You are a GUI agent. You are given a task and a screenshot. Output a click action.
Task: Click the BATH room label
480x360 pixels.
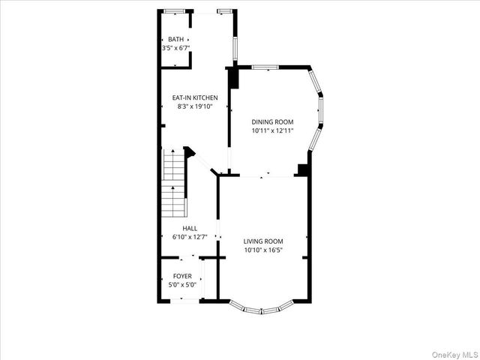tap(175, 40)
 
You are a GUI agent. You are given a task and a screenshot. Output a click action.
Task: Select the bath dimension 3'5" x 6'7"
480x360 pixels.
tap(175, 49)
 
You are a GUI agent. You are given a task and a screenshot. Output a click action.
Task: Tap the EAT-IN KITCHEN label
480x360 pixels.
tap(195, 97)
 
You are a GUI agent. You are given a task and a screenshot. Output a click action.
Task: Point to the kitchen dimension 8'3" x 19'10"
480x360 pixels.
tap(195, 106)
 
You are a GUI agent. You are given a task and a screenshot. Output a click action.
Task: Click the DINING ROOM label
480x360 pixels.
tap(272, 121)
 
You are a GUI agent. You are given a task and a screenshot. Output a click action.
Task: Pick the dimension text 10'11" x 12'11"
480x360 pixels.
tap(272, 130)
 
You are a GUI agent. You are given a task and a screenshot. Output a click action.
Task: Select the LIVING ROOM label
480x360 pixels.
tap(263, 241)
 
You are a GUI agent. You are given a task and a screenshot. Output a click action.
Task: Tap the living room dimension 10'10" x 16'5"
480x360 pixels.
tap(263, 250)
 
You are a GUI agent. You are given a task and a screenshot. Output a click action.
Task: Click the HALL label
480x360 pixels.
tap(190, 228)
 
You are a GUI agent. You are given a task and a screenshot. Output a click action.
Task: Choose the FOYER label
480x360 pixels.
tap(182, 276)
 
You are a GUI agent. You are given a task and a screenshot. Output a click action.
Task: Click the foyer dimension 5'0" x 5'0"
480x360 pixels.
tap(182, 285)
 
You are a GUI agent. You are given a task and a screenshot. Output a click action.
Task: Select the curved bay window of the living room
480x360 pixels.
tap(261, 307)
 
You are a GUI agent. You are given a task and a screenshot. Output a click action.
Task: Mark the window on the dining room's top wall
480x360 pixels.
tap(265, 67)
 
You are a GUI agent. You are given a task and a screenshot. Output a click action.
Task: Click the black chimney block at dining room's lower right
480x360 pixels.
tap(303, 169)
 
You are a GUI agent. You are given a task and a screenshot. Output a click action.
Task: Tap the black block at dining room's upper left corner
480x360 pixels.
tap(233, 77)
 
